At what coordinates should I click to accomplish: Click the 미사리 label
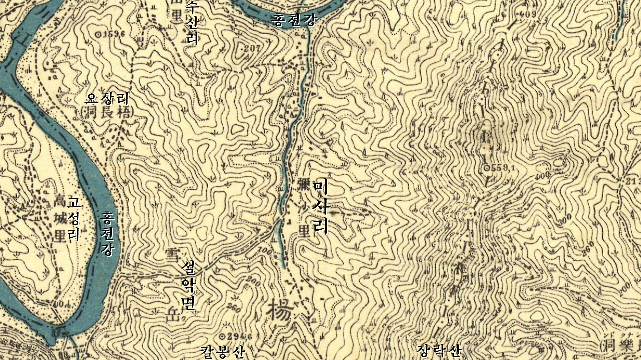pyautogui.click(x=320, y=207)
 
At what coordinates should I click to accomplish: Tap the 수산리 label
pyautogui.click(x=192, y=23)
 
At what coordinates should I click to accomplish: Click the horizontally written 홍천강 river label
pyautogui.click(x=294, y=20)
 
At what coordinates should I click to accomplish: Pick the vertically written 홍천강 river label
pyautogui.click(x=107, y=233)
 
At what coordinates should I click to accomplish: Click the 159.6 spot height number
pyautogui.click(x=113, y=34)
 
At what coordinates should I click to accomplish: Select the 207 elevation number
pyautogui.click(x=253, y=49)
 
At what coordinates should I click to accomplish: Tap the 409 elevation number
pyautogui.click(x=528, y=14)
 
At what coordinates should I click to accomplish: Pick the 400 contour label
pyautogui.click(x=543, y=175)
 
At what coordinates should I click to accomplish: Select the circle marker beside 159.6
pyautogui.click(x=97, y=34)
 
